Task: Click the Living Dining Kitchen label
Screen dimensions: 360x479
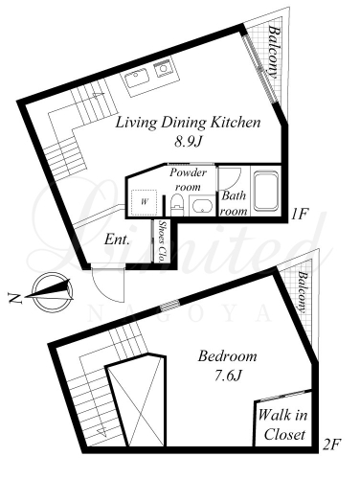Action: tap(188, 123)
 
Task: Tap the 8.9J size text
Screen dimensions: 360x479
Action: tap(189, 142)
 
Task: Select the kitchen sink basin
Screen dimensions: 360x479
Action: tap(137, 78)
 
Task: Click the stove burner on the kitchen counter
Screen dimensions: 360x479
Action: tap(164, 68)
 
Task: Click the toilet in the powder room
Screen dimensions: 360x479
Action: tap(177, 204)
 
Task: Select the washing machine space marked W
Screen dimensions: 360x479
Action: tap(145, 202)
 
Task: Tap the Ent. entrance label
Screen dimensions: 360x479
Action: tap(117, 239)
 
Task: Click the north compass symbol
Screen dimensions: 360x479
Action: tap(53, 291)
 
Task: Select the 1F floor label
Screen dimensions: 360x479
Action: tap(299, 214)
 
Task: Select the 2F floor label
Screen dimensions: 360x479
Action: tap(332, 444)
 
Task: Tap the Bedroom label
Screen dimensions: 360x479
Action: tap(227, 356)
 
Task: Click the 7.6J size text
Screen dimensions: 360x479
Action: tap(227, 376)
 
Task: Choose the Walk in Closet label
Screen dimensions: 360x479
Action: tap(282, 424)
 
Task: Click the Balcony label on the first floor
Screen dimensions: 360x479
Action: tap(275, 52)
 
